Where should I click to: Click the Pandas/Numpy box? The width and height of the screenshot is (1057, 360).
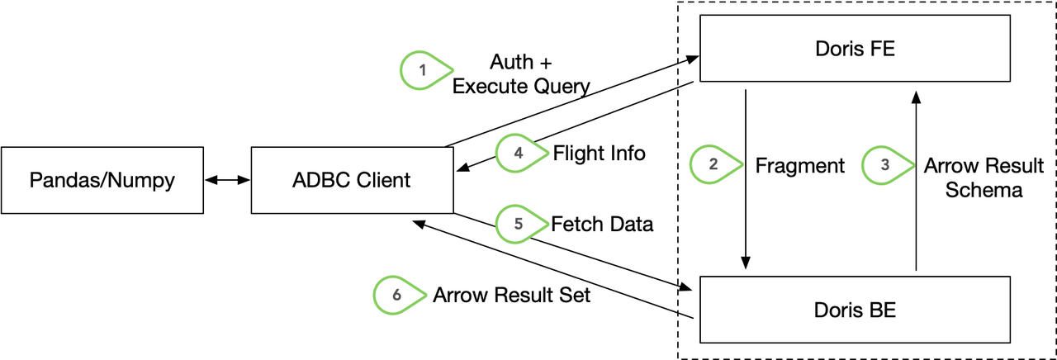(x=102, y=179)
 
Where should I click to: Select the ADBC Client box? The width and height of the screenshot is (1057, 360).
(x=352, y=179)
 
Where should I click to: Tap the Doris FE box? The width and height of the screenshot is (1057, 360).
(x=855, y=50)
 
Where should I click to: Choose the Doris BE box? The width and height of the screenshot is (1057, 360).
(x=855, y=310)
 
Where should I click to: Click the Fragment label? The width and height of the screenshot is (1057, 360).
(x=799, y=166)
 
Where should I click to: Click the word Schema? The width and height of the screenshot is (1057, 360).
(x=984, y=190)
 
